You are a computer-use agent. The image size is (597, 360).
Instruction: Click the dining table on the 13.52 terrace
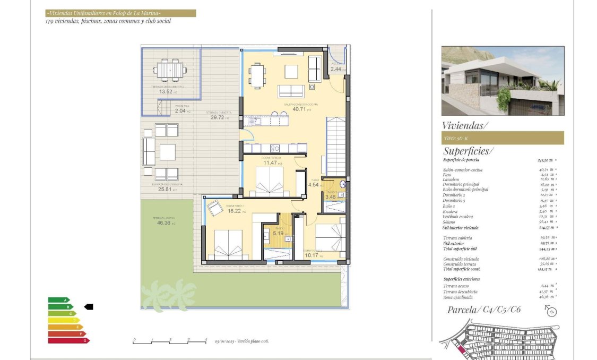(x=170, y=69)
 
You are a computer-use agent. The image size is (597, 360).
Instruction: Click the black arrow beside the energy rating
(x=89, y=306)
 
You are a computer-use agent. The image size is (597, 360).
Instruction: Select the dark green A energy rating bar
(x=59, y=300)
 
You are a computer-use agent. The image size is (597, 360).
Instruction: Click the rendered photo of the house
(x=502, y=81)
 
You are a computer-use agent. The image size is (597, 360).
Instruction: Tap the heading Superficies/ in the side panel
(x=468, y=151)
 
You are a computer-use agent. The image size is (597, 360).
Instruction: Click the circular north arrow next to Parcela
(x=552, y=312)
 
